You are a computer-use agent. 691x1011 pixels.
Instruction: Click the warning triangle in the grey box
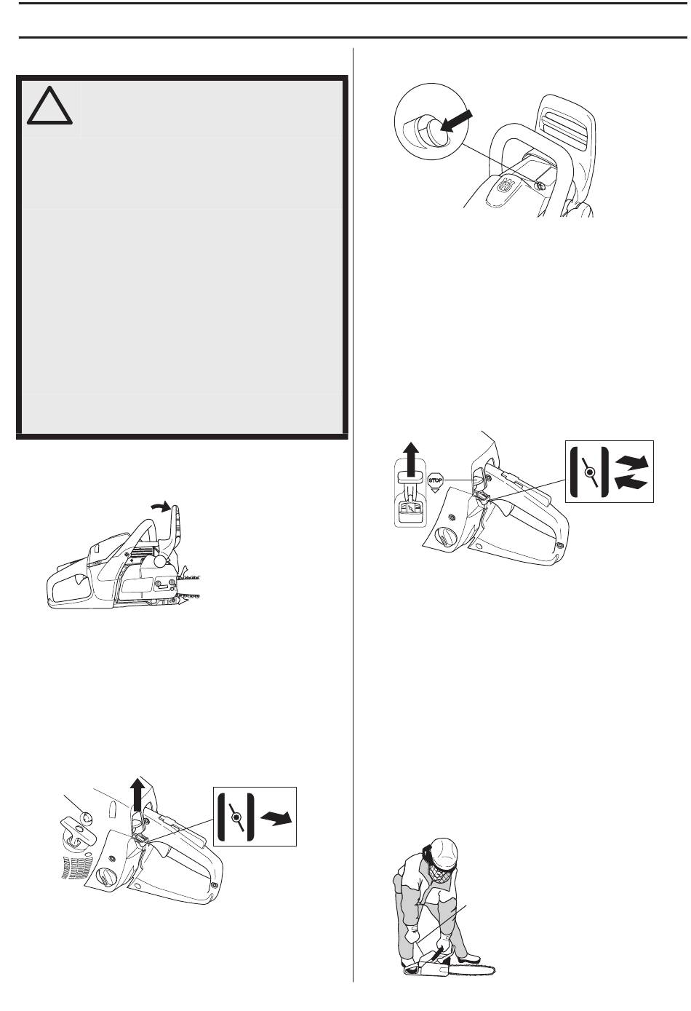pyautogui.click(x=49, y=106)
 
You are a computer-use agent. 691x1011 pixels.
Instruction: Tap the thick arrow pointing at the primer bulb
pyautogui.click(x=457, y=120)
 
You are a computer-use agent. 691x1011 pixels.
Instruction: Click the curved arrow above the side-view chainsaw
pyautogui.click(x=161, y=507)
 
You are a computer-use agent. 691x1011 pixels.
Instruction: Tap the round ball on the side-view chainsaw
pyautogui.click(x=161, y=561)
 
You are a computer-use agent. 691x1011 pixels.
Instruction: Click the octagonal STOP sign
pyautogui.click(x=435, y=480)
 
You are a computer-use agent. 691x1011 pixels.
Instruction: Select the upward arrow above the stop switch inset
pyautogui.click(x=410, y=458)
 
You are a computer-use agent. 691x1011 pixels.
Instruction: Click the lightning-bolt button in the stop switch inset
pyautogui.click(x=410, y=508)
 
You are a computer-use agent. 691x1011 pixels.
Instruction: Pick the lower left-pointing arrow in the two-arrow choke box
pyautogui.click(x=632, y=482)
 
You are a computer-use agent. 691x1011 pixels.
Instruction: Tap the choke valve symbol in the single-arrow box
pyautogui.click(x=236, y=817)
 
